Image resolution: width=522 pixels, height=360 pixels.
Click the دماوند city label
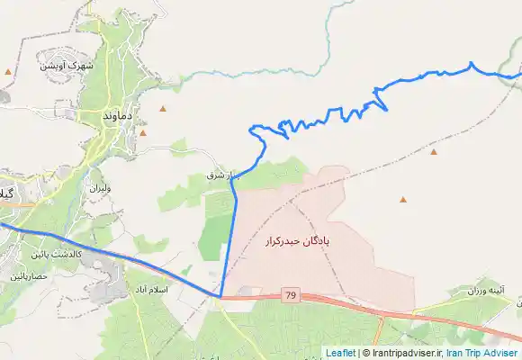pyautogui.click(x=120, y=116)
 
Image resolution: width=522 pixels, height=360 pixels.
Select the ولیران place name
pyautogui.click(x=98, y=189)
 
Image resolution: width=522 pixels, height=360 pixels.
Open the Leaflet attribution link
pyautogui.click(x=340, y=353)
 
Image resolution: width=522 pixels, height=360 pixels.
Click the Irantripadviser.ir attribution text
pyautogui.click(x=403, y=353)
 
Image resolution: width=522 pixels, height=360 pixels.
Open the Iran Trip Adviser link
pyautogui.click(x=481, y=353)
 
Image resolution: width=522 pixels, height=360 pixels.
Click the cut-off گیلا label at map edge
pyautogui.click(x=7, y=194)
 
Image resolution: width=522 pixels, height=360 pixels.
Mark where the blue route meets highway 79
pyautogui.click(x=220, y=295)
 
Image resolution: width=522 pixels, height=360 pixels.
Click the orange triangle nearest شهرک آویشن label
pyautogui.click(x=9, y=71)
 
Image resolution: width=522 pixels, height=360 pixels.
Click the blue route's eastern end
pyautogui.click(x=519, y=75)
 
